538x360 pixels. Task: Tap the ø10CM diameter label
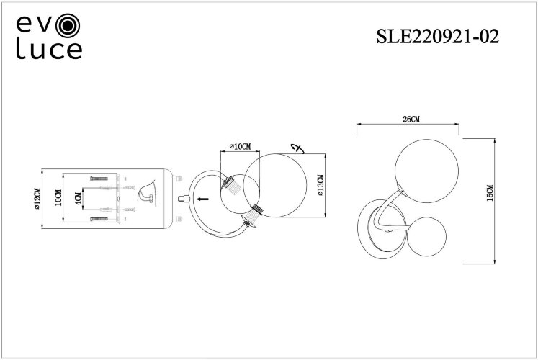click(x=240, y=147)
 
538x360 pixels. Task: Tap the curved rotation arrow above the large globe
click(x=296, y=149)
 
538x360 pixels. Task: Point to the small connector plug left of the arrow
click(x=183, y=196)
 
